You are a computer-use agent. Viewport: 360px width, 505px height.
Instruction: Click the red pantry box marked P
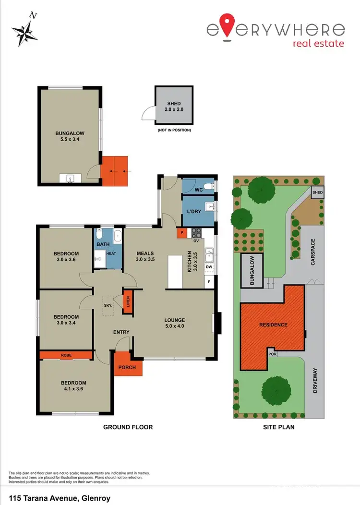[182, 233]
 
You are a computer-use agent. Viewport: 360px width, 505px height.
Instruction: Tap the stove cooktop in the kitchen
[197, 233]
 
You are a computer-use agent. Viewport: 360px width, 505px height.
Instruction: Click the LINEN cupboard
[128, 302]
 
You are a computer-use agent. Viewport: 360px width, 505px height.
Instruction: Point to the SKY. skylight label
[108, 305]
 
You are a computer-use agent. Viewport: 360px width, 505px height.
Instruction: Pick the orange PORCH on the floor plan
[127, 368]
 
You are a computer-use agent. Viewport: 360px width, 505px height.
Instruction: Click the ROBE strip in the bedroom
[66, 355]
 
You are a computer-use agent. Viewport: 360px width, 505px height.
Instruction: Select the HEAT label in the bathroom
[111, 253]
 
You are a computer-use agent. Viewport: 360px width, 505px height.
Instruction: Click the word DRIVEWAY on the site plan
[315, 381]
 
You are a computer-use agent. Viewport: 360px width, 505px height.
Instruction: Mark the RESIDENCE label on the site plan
[273, 325]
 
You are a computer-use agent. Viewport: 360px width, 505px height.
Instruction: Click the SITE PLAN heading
[278, 427]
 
